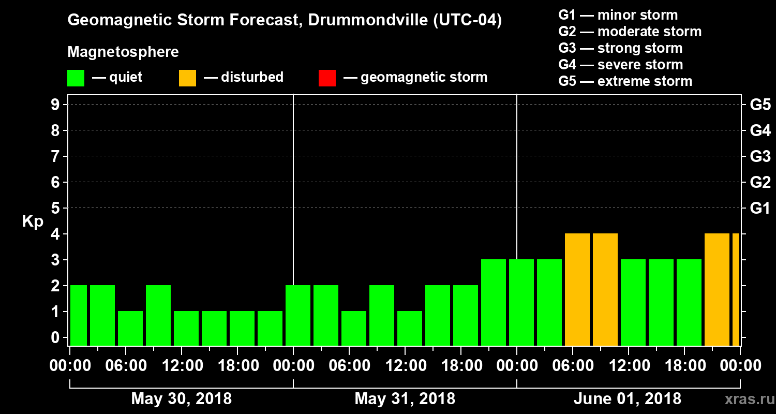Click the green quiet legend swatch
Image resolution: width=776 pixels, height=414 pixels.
[76, 78]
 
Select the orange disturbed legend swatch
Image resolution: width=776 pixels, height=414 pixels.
[187, 78]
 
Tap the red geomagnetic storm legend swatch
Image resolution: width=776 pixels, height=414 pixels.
[327, 78]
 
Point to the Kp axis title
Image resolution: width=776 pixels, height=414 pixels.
[32, 221]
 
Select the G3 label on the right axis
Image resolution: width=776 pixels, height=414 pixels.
[760, 156]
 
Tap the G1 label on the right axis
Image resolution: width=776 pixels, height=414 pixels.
[760, 208]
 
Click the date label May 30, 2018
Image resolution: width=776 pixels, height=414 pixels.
[181, 399]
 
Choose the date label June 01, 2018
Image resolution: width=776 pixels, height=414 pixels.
[628, 399]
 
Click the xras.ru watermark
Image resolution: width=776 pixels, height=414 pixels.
[746, 399]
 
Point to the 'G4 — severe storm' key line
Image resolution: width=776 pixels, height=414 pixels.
[620, 65]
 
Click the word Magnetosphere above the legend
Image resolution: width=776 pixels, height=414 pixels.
[123, 52]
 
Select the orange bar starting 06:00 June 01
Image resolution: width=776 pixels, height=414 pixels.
[577, 290]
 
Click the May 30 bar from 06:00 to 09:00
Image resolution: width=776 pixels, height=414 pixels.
[130, 328]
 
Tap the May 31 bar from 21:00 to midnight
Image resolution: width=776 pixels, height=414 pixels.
[494, 302]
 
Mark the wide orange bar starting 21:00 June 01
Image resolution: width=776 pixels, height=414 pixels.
[717, 290]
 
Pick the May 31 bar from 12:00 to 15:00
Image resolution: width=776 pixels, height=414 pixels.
[410, 328]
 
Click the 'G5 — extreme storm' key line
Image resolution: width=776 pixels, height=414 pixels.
[625, 81]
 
